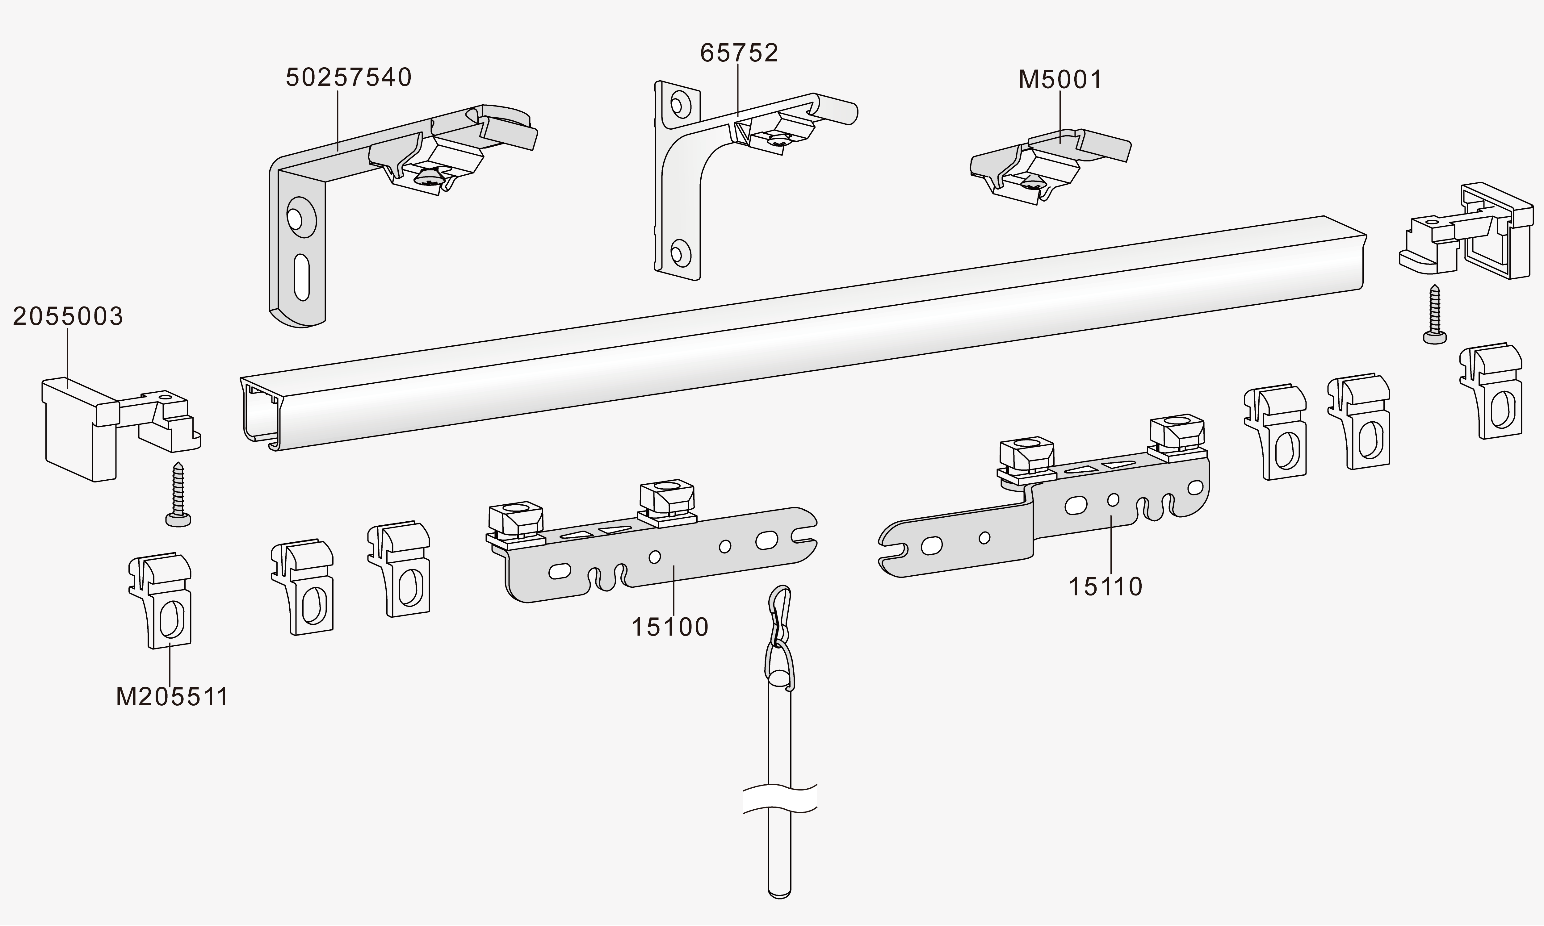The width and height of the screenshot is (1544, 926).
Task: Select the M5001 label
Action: (x=1060, y=80)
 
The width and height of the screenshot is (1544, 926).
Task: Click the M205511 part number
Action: (x=172, y=696)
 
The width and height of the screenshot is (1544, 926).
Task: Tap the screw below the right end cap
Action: (x=1434, y=315)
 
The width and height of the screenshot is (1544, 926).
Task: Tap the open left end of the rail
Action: (x=259, y=412)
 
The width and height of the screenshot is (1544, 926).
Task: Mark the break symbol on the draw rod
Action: (x=779, y=799)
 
